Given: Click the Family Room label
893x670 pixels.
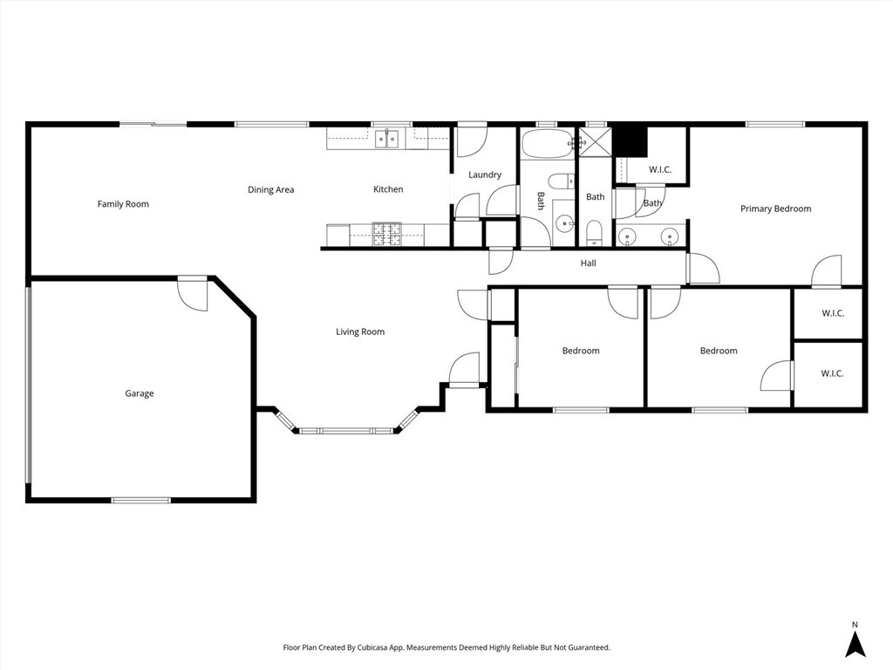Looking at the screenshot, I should [123, 204].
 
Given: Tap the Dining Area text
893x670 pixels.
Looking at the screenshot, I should [270, 189].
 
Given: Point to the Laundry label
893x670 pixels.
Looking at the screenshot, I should [485, 174].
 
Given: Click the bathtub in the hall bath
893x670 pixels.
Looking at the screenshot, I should [548, 144].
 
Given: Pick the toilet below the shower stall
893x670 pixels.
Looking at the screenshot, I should [594, 232].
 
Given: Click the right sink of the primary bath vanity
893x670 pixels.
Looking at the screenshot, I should [669, 236].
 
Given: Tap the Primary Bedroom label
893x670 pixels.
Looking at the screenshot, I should [775, 209].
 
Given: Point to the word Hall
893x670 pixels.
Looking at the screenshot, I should [589, 263].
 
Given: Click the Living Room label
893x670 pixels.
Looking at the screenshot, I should [360, 332].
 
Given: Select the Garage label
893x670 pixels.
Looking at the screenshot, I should [139, 393].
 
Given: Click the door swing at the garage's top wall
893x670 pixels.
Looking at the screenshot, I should [194, 293].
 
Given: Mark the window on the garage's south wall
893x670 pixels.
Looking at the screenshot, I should [140, 500].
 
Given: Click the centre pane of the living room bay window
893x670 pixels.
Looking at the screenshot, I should [348, 430].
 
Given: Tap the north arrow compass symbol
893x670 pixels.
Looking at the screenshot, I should [856, 644].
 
